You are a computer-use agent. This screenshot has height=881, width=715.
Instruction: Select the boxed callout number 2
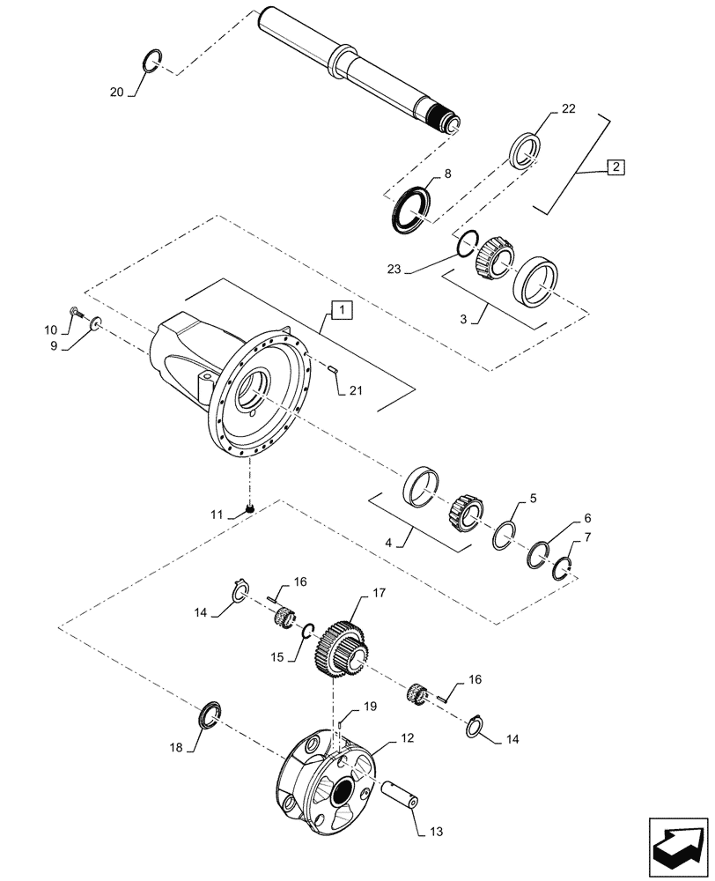(614, 167)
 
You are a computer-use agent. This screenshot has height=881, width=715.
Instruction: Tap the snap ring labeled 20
(151, 63)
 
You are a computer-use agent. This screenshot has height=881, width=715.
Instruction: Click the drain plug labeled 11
(250, 507)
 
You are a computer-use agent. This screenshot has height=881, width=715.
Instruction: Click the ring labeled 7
(562, 571)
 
